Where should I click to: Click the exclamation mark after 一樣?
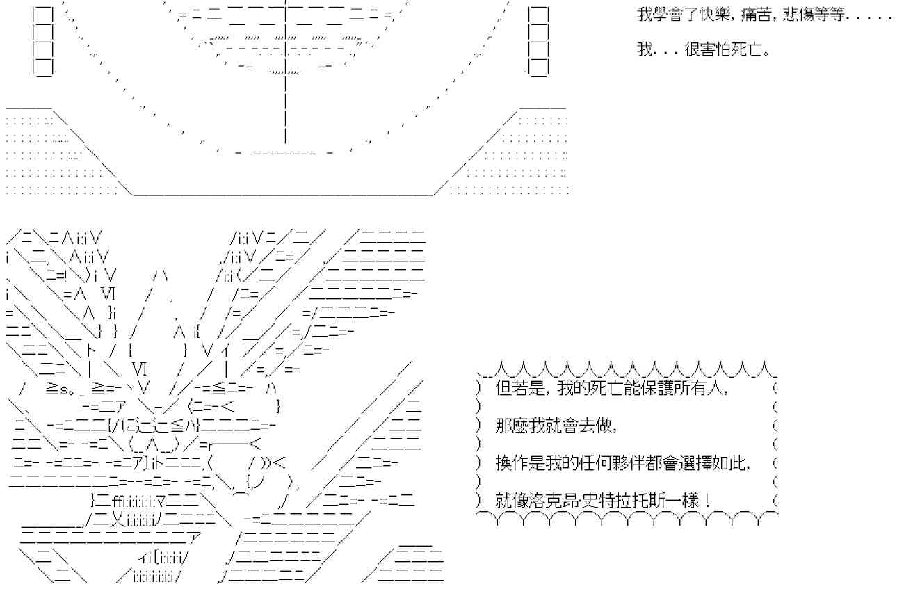click(707, 500)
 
